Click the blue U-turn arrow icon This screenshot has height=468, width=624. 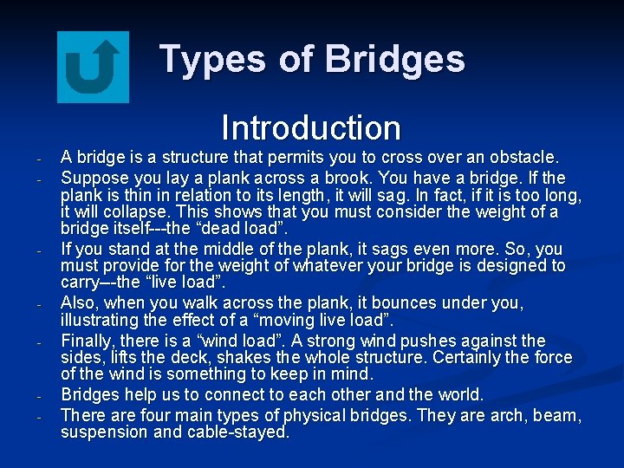(93, 67)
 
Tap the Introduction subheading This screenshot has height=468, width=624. (311, 128)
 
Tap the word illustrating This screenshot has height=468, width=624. (100, 322)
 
